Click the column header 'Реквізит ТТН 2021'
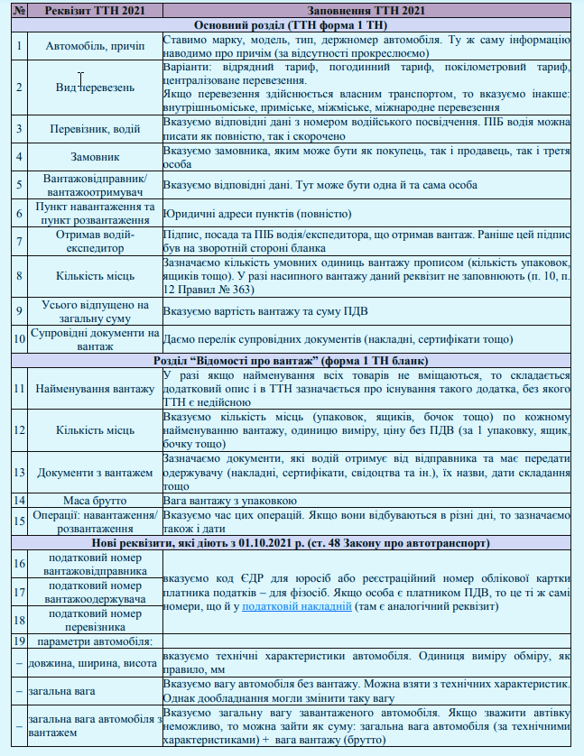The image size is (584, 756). tap(94, 11)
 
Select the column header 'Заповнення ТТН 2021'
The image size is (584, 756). tap(366, 11)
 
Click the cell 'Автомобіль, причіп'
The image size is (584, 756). tap(94, 47)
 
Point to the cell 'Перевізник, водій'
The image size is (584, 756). tap(94, 128)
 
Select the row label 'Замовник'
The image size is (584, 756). tap(94, 156)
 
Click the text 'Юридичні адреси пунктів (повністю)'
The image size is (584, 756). tap(256, 215)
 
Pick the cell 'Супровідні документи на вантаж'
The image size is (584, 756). tap(94, 339)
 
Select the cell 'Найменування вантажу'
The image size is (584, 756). tap(94, 389)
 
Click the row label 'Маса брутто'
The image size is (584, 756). tap(94, 500)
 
